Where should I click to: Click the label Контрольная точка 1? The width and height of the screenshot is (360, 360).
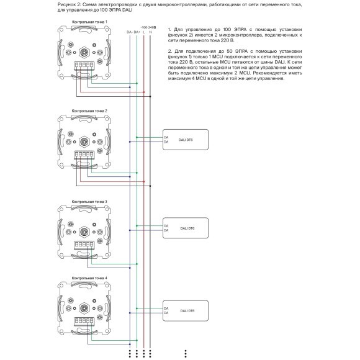click(89, 22)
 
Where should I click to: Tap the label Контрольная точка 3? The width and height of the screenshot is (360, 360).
click(89, 202)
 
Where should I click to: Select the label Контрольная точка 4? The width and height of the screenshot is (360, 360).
click(89, 277)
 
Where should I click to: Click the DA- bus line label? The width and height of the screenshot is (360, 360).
click(128, 32)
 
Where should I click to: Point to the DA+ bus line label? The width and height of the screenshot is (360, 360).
click(137, 32)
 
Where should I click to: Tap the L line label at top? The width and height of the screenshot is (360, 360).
click(144, 32)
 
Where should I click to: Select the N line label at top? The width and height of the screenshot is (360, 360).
click(152, 32)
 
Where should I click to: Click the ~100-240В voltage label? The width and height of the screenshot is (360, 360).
click(148, 27)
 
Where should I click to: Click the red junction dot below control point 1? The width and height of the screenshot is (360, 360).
click(144, 92)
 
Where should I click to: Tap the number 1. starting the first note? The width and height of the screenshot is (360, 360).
click(169, 29)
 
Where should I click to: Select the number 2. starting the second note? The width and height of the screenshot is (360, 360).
click(169, 48)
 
